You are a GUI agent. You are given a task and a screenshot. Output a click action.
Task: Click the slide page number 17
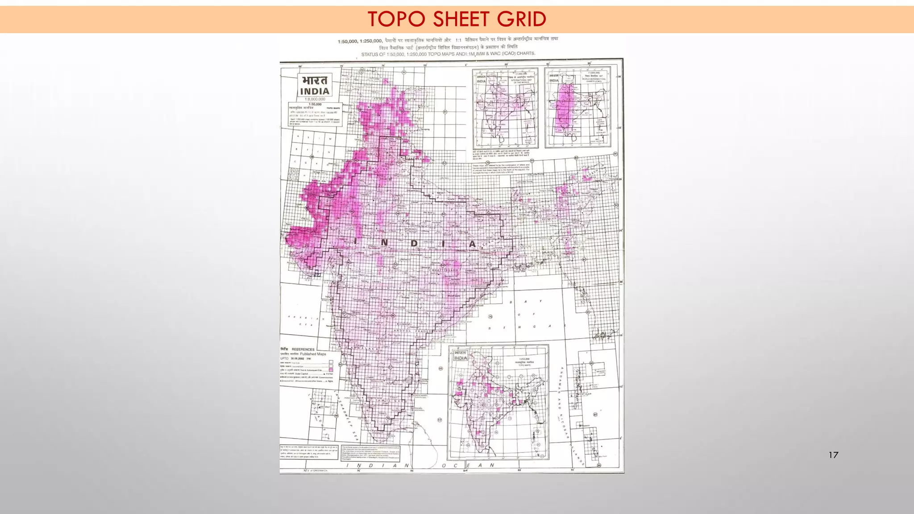click(833, 455)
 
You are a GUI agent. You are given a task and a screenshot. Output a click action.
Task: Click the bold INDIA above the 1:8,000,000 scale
click(315, 91)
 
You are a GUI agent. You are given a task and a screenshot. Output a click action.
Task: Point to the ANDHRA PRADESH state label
click(413, 331)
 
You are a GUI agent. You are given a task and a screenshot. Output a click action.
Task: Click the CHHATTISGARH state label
click(444, 270)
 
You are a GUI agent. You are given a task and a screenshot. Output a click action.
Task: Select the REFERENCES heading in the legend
click(303, 349)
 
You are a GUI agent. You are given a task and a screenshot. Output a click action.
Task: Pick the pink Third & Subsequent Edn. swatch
click(331, 371)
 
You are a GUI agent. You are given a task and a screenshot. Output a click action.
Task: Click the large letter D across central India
click(414, 244)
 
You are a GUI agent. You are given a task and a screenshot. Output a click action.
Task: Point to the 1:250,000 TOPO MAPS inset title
click(524, 361)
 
